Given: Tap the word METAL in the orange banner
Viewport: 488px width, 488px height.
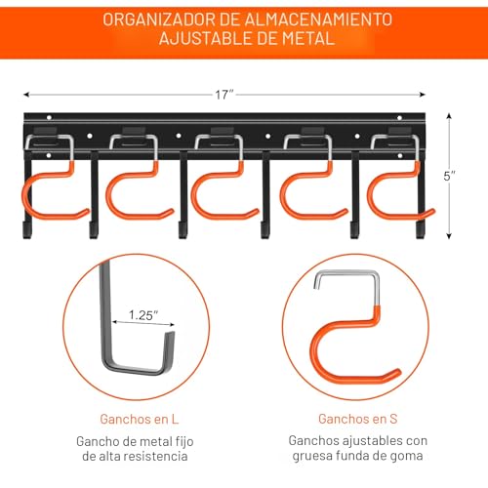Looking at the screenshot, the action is [308, 38].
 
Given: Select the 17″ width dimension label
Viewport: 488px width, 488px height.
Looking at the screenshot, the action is [224, 95].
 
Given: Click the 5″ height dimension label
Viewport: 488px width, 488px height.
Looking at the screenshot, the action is [449, 176].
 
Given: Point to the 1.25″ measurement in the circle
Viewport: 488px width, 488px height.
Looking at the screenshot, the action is [143, 315].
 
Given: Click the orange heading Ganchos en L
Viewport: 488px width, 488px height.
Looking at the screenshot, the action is [140, 419].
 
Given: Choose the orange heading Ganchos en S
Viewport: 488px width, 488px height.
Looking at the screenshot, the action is [358, 419].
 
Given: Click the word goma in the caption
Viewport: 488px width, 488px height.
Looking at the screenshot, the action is [408, 456].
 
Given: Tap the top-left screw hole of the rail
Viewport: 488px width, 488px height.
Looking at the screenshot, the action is [49, 117].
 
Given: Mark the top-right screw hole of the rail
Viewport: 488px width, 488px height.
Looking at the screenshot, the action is [400, 118].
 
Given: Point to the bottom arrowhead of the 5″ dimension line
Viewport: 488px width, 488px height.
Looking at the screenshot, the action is [449, 236].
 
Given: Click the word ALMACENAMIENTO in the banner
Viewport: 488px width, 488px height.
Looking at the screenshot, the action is [318, 20].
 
